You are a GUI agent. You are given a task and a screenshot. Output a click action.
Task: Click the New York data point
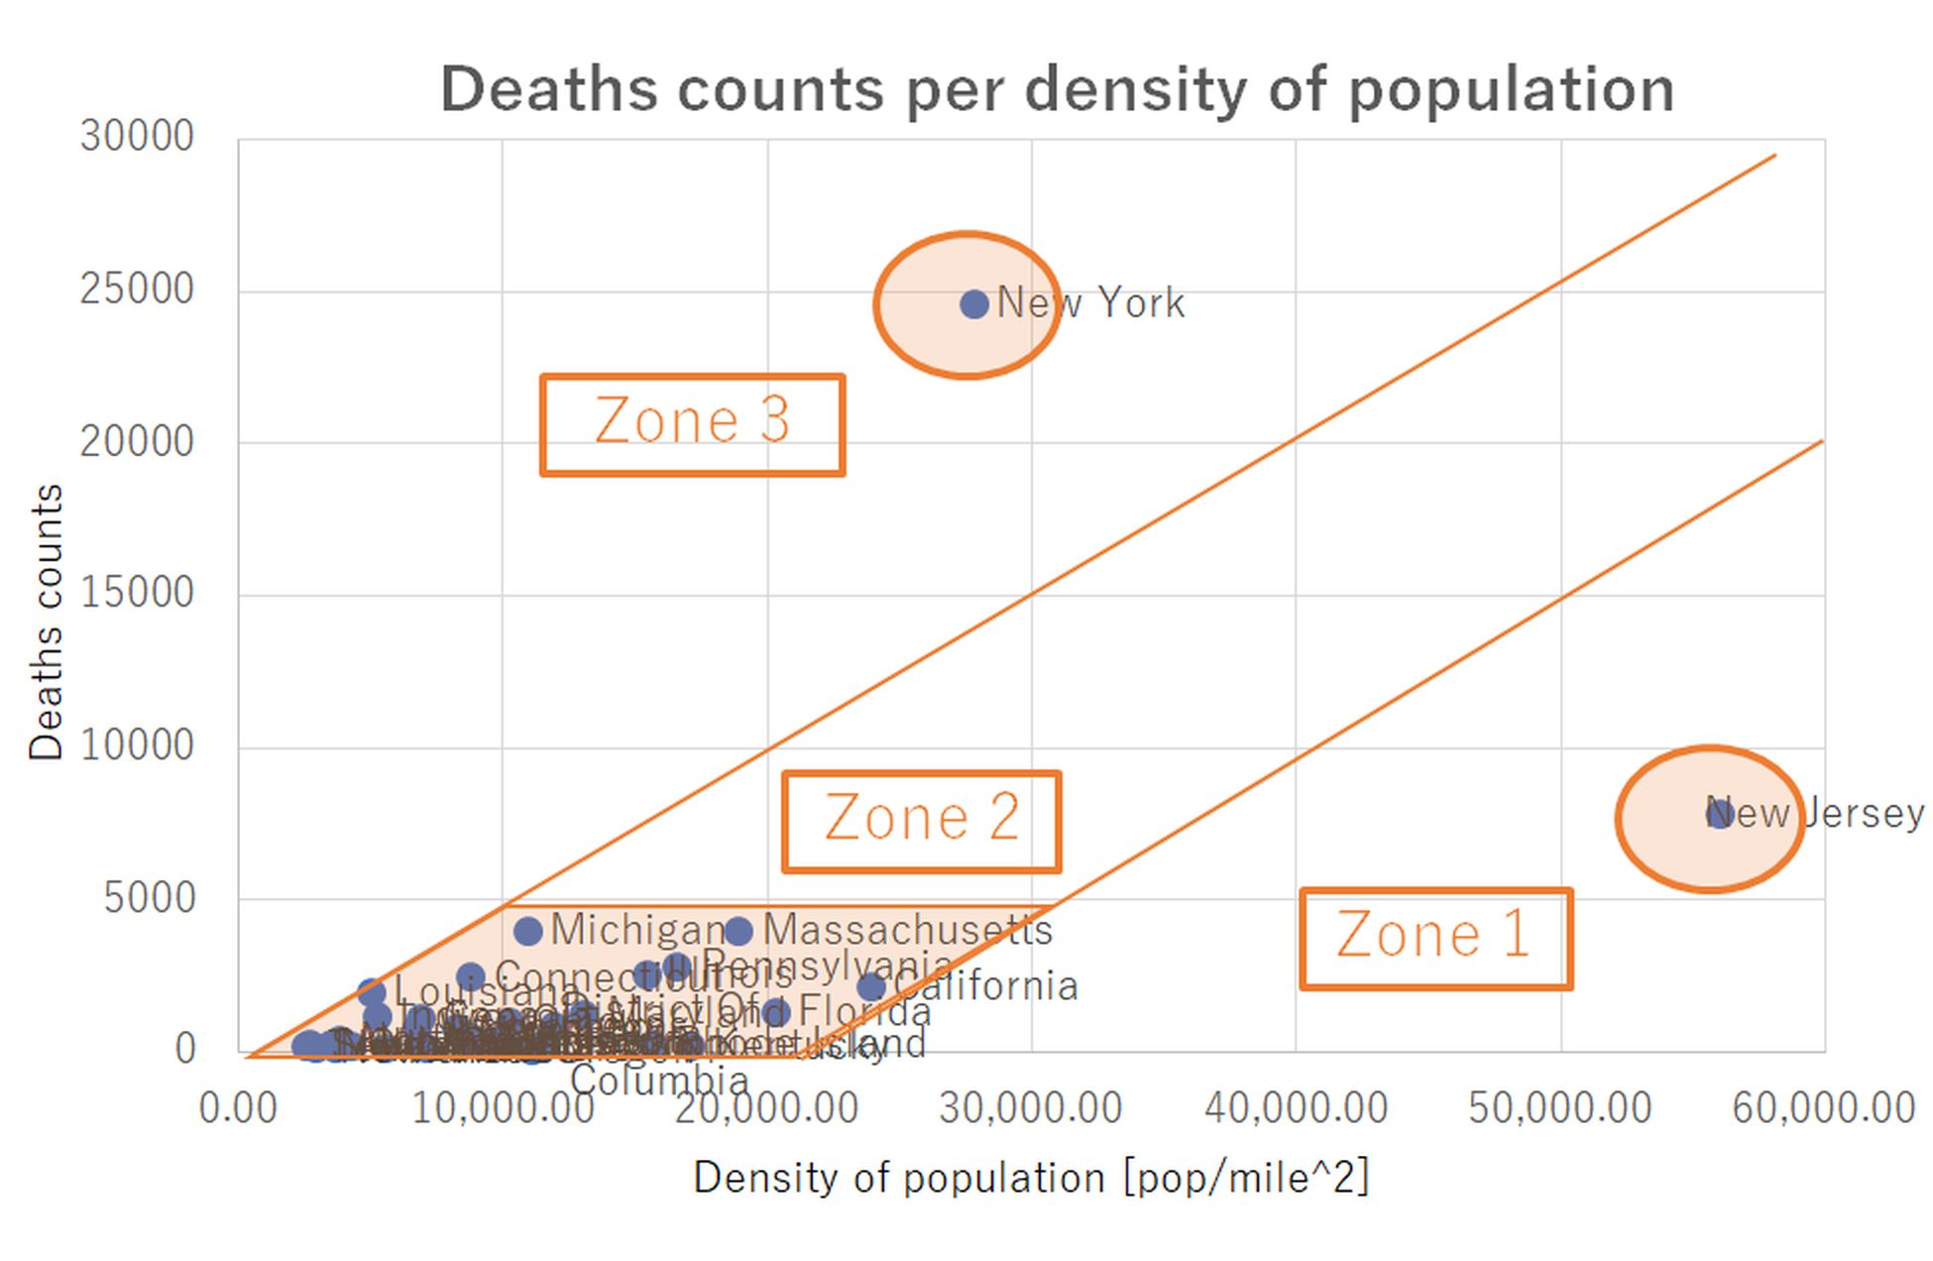tap(974, 304)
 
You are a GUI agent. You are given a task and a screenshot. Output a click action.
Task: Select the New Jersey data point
tap(1719, 814)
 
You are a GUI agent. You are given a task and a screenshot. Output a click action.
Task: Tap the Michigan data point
tap(528, 931)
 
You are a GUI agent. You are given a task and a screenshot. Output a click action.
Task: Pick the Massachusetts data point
tap(739, 931)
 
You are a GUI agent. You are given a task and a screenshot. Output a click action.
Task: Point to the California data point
tap(870, 987)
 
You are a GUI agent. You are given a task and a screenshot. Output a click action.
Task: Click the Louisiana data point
tap(371, 991)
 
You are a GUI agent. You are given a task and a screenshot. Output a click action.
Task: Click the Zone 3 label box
tap(692, 424)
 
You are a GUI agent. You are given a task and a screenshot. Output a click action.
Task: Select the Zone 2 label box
tap(921, 821)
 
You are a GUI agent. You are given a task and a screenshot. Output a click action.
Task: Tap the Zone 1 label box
tap(1434, 938)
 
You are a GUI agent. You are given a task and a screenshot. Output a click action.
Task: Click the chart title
tap(1057, 89)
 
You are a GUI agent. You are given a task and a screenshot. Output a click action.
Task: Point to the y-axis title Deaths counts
tap(46, 622)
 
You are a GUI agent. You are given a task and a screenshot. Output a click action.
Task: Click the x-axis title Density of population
tap(1031, 1179)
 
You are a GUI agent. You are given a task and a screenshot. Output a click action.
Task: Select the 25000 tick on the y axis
tap(137, 290)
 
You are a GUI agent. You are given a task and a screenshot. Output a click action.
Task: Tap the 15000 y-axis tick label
tap(137, 594)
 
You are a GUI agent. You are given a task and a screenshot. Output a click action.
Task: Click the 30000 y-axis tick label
tap(137, 137)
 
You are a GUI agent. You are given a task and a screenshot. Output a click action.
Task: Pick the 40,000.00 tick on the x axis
tap(1296, 1108)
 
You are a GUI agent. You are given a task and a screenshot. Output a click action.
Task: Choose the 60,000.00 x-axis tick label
tap(1823, 1108)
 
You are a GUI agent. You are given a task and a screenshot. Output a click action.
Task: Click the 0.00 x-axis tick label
tap(238, 1108)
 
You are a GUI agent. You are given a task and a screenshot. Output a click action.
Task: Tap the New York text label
tap(1090, 303)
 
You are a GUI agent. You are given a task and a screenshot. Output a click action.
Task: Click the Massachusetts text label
tap(907, 930)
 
